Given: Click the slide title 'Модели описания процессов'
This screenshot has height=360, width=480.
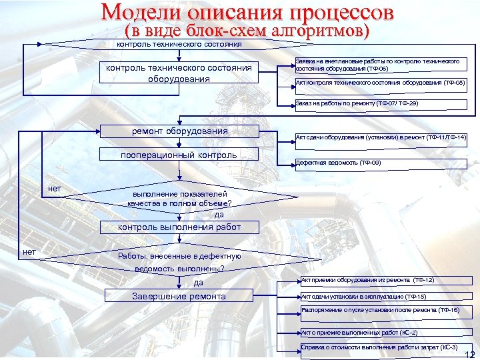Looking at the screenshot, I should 248,13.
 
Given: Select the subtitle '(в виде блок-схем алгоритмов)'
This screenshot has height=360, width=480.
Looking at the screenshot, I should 247,31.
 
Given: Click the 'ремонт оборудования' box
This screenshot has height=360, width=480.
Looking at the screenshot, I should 179,132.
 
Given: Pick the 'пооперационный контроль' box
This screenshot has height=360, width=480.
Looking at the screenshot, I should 179,155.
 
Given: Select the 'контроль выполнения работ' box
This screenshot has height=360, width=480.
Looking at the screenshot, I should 179,227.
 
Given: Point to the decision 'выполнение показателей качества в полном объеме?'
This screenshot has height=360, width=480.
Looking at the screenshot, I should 179,198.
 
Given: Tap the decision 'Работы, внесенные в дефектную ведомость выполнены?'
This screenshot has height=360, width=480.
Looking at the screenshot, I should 179,262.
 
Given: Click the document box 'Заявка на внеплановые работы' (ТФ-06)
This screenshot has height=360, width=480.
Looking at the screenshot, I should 380,65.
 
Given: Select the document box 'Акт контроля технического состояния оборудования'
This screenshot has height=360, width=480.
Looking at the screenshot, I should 380,83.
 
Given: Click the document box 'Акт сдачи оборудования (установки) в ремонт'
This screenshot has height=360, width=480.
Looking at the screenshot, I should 380,137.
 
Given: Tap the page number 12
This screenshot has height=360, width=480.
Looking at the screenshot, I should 469,354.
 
